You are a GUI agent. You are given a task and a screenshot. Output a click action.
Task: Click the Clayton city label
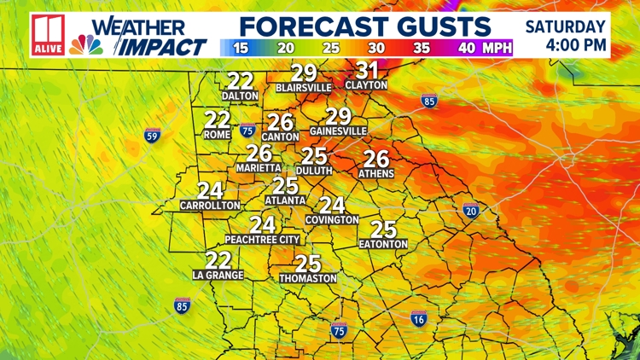pyautogui.click(x=366, y=85)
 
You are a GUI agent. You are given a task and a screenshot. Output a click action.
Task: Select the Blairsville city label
pyautogui.click(x=303, y=87)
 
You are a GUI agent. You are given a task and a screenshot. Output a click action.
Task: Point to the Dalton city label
pyautogui.click(x=240, y=96)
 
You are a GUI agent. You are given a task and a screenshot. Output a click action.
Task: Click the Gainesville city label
pyautogui.click(x=337, y=131)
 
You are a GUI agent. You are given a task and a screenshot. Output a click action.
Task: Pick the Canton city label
pyautogui.click(x=281, y=136)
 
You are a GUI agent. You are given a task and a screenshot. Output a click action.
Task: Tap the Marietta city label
pyautogui.click(x=253, y=168)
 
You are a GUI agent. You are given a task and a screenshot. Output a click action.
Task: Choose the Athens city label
pyautogui.click(x=376, y=173)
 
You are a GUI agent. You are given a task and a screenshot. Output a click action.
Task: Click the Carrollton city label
pyautogui.click(x=210, y=206)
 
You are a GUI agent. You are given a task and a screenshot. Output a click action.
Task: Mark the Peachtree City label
pyautogui.click(x=263, y=240)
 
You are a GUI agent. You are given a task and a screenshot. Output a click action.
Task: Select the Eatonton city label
pyautogui.click(x=383, y=244)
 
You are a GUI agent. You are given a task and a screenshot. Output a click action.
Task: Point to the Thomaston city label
pyautogui.click(x=307, y=278)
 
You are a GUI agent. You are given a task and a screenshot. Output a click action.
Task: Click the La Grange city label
pyautogui.click(x=218, y=275)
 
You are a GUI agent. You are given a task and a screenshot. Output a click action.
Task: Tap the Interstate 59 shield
pyautogui.click(x=152, y=135)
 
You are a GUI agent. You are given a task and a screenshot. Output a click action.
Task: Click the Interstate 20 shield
pyautogui.click(x=471, y=210)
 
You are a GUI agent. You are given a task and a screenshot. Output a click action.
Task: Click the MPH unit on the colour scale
pyautogui.click(x=497, y=48)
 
